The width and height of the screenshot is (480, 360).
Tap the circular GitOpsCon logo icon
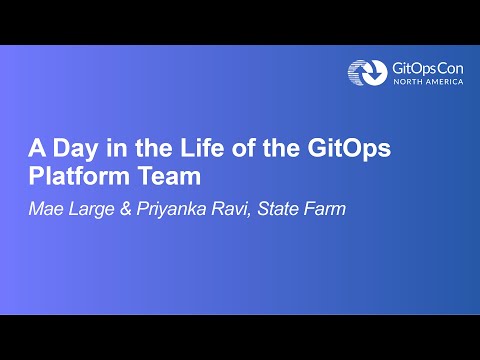tap(364, 72)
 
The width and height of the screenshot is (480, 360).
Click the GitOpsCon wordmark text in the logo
tap(428, 67)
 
